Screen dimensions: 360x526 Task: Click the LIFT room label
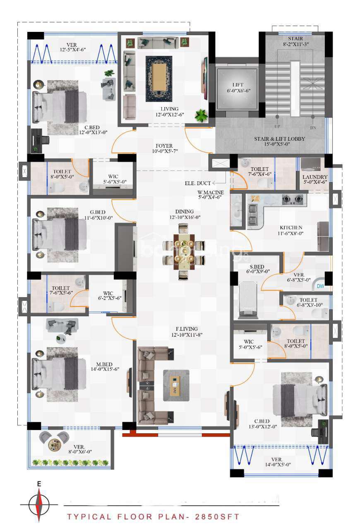coord(238,85)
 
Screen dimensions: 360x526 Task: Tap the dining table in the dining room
coord(184,252)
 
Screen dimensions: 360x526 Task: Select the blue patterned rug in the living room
coord(159,79)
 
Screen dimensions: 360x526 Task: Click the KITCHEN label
coord(291,228)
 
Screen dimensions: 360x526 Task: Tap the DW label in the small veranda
coord(320,286)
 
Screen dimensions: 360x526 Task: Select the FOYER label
coord(164,146)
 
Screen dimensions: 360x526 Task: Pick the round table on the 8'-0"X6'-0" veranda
coord(54,444)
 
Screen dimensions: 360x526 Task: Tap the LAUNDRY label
coord(314,177)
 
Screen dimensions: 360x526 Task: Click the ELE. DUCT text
coord(198,183)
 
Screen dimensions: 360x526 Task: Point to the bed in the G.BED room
coord(59,235)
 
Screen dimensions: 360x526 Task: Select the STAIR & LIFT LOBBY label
coord(279,139)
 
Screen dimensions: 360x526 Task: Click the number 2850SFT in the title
coord(217,517)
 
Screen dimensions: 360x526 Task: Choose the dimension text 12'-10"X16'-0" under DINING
coord(185,217)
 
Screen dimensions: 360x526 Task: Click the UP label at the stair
coord(277,127)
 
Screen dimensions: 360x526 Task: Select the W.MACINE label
coord(210,192)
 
